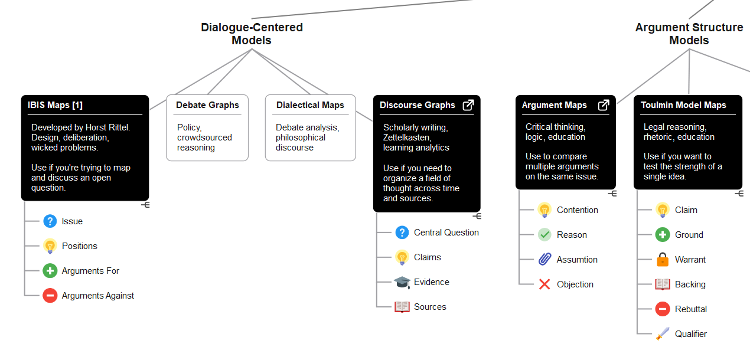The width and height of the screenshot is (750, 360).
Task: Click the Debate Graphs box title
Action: (207, 105)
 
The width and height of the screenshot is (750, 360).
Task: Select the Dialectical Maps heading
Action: (310, 105)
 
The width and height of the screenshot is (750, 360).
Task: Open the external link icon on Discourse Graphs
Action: (468, 105)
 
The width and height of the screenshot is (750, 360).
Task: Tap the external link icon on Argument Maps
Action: (604, 105)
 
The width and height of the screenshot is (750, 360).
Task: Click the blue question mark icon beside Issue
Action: (50, 221)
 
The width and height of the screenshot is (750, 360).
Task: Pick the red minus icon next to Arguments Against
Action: (50, 296)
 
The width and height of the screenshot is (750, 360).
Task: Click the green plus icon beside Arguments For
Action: (50, 271)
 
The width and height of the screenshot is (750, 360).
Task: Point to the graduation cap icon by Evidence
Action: (402, 282)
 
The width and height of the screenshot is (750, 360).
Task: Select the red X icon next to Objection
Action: (544, 284)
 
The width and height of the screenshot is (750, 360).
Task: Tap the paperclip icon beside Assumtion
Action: (544, 259)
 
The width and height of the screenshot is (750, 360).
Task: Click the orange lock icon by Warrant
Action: (663, 259)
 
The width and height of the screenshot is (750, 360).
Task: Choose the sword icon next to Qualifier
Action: (663, 333)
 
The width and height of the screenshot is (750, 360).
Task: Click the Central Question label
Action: (446, 233)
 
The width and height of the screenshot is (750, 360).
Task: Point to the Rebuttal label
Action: (691, 309)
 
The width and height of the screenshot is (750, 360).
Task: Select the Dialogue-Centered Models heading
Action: (252, 34)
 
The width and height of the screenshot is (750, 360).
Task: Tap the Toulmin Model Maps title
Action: (683, 105)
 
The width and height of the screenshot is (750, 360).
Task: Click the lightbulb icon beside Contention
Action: (544, 210)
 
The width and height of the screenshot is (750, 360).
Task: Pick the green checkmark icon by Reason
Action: (544, 234)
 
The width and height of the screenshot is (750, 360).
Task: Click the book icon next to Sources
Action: (402, 307)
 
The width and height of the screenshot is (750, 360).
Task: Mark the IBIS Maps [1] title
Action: (55, 105)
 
